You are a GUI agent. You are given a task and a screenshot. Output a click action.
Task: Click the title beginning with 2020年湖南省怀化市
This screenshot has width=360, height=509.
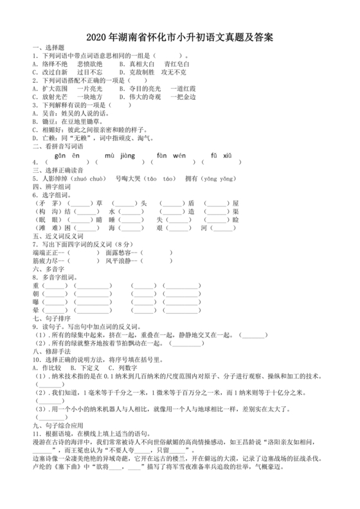pyautogui.click(x=179, y=38)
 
